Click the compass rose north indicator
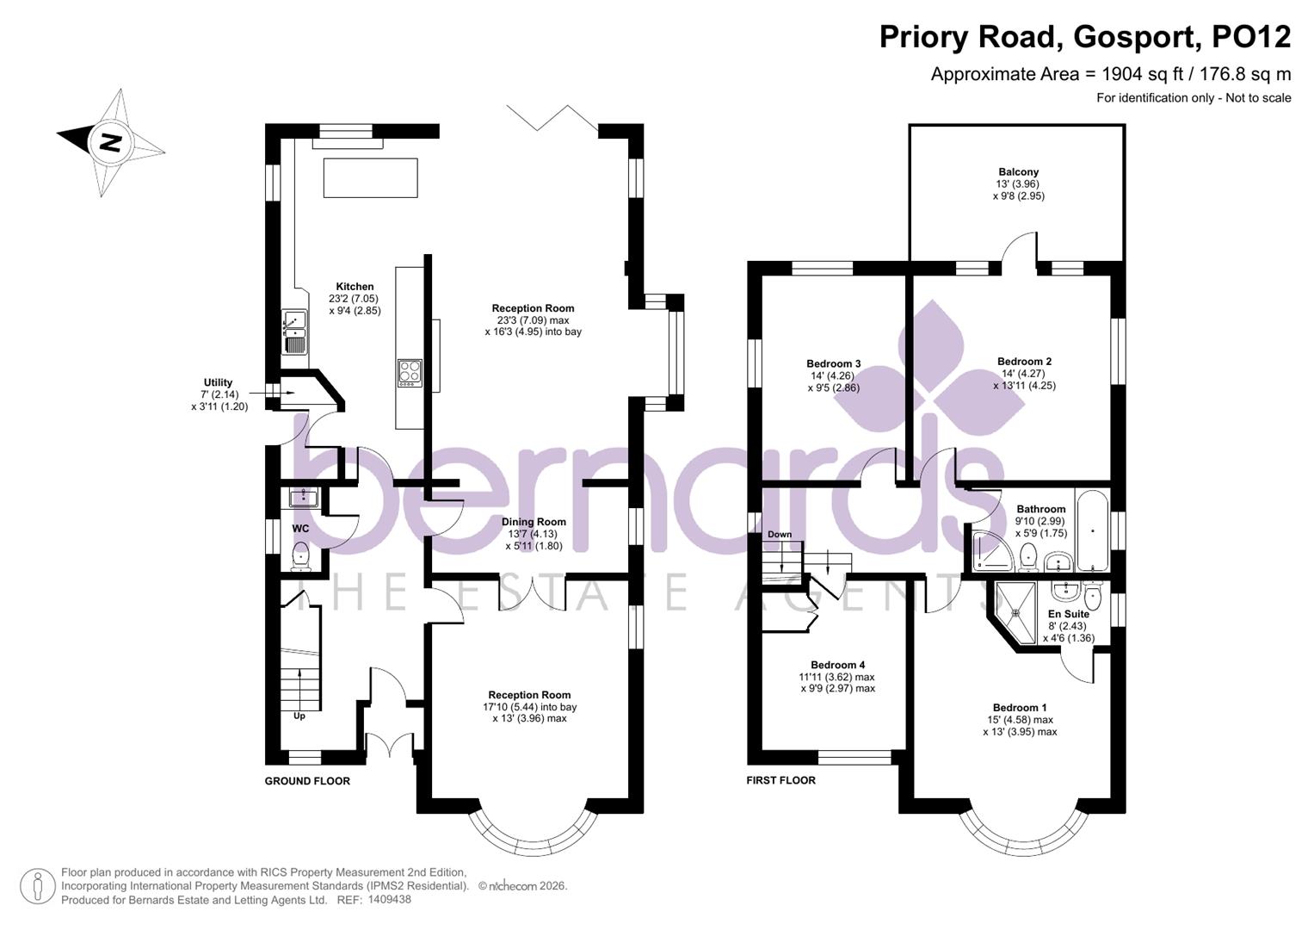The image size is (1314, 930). [x=109, y=141]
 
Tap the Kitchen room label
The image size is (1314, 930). [x=355, y=287]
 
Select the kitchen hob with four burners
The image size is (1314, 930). [x=410, y=372]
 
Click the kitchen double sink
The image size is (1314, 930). [x=294, y=332]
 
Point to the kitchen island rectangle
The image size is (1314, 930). [x=370, y=177]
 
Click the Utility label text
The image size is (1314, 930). [x=218, y=382]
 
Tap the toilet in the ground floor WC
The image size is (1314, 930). [x=300, y=555]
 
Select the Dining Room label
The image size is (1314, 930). [x=534, y=522]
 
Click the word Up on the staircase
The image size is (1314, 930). [x=299, y=716]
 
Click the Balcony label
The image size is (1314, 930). [x=1018, y=172]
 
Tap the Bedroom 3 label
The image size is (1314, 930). [x=833, y=363]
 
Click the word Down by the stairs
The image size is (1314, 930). [x=779, y=535]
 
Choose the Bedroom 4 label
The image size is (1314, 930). [x=837, y=665]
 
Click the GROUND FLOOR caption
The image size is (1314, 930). [x=307, y=781]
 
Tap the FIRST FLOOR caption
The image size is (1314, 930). [x=780, y=780]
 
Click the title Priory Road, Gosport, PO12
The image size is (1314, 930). [x=1084, y=37]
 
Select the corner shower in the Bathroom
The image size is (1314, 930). [x=991, y=552]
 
